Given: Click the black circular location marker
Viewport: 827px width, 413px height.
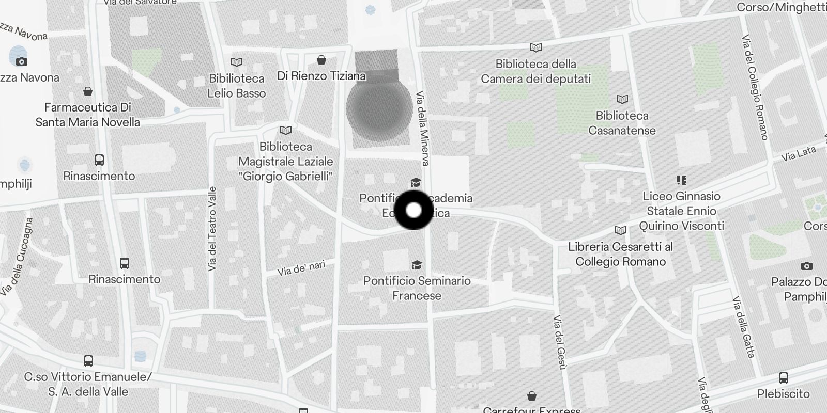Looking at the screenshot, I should [x=413, y=210].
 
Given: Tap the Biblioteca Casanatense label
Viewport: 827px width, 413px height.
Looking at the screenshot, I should [x=622, y=123].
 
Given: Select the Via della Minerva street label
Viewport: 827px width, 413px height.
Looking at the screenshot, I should [x=422, y=129].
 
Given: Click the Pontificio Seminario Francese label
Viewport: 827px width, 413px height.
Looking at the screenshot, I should [x=417, y=288].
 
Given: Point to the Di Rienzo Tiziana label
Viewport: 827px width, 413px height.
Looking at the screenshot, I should [x=321, y=76].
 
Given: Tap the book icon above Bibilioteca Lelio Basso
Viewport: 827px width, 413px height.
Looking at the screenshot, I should [x=237, y=62].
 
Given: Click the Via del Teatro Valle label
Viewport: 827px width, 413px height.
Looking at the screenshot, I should [x=212, y=229].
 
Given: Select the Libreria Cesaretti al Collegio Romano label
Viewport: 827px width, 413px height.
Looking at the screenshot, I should [x=620, y=254].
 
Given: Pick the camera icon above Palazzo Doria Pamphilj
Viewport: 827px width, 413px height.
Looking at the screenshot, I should [x=806, y=266].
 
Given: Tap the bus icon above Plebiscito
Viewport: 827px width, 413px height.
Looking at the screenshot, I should [x=784, y=377].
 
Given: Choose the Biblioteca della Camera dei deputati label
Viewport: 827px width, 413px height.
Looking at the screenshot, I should [x=535, y=71].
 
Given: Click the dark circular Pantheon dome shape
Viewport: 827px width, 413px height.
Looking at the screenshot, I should [x=379, y=108].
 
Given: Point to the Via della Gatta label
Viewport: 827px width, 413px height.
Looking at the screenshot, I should [x=744, y=327].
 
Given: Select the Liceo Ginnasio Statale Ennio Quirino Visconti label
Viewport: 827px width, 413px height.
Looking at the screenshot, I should [x=681, y=211].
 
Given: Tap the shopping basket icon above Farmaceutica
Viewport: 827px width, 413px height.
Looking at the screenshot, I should [x=88, y=91].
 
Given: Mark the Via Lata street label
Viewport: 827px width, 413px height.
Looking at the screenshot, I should [x=798, y=153].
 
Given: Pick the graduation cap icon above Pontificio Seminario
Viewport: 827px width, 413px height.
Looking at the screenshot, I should [x=417, y=265].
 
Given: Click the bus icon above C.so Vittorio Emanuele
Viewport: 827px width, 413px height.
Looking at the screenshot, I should [x=88, y=360].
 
